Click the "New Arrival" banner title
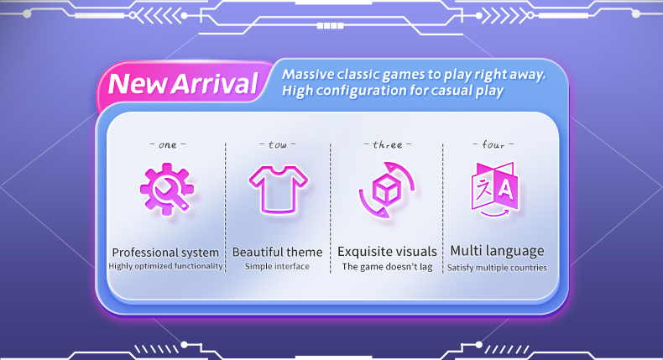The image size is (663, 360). click(183, 84)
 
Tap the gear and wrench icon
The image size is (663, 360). click(167, 189)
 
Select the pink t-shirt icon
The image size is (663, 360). click(279, 189)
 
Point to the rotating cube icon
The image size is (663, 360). click(387, 190)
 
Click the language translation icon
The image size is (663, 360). click(494, 189)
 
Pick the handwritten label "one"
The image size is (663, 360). click(168, 145)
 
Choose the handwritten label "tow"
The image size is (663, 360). click(278, 145)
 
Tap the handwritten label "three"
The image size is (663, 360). click(388, 144)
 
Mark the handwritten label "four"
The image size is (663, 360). click(493, 144)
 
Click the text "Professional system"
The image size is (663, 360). click(165, 253)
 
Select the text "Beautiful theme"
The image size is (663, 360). click(278, 252)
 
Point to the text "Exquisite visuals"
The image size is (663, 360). click(387, 252)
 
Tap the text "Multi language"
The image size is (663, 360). click(497, 251)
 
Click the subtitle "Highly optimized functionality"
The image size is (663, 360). click(165, 266)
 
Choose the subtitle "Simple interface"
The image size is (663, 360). click(277, 267)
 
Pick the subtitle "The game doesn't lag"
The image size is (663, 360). click(387, 267)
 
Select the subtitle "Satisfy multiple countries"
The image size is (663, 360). click(497, 268)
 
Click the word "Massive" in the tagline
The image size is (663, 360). click(308, 75)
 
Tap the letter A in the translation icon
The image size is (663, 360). click(506, 190)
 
